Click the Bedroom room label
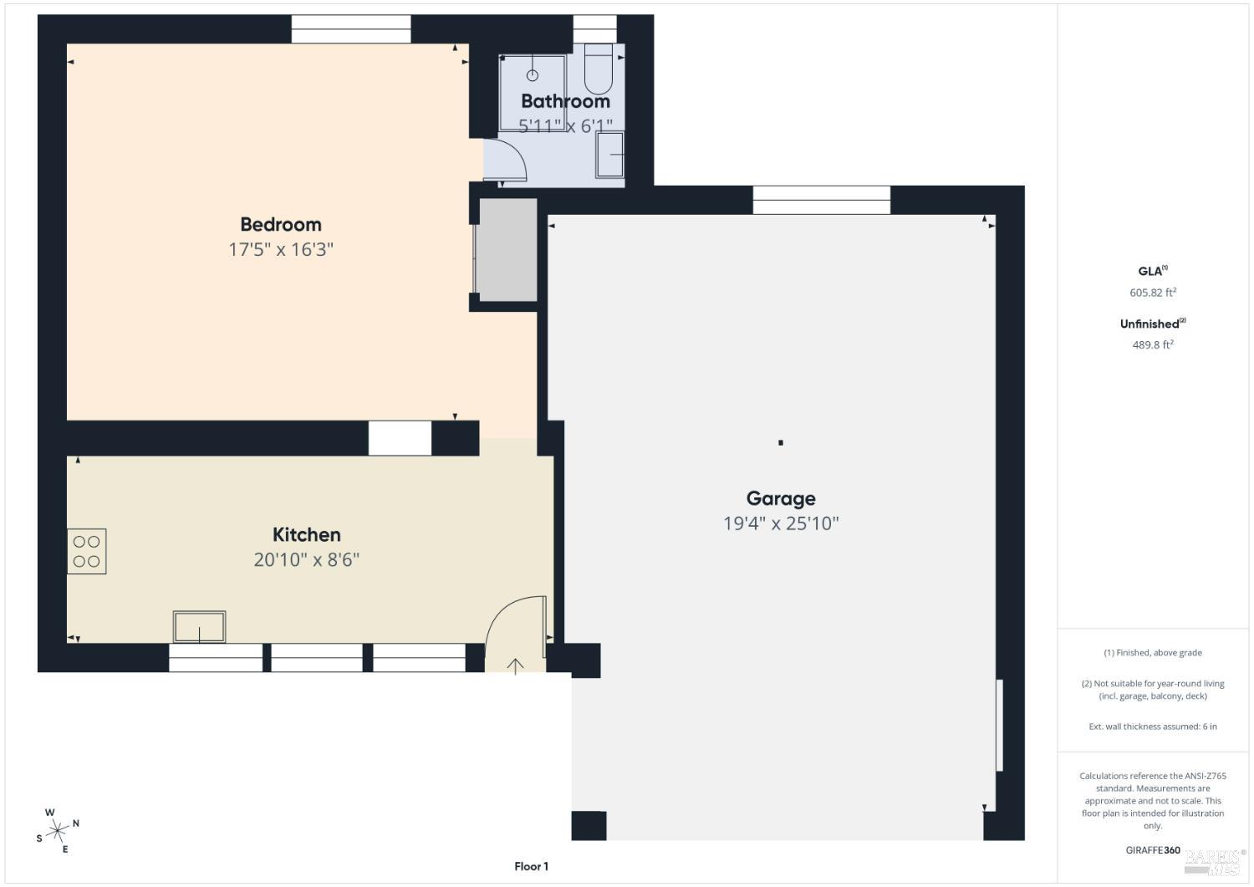point(281,224)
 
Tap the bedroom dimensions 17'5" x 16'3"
point(281,249)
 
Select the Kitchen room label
point(306,534)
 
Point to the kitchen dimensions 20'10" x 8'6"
point(306,559)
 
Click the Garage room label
point(780,498)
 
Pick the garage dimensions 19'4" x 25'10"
point(780,523)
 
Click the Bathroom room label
point(565,101)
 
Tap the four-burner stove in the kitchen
point(87,552)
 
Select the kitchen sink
point(199,627)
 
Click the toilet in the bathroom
point(598,70)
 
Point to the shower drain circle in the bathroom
point(533,75)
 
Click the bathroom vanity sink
point(610,155)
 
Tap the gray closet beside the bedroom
point(507,249)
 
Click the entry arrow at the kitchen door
point(516,665)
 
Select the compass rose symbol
point(58,830)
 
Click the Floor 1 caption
point(531,866)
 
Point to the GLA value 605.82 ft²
point(1153,293)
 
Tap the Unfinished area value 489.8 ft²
point(1153,344)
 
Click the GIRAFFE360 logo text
point(1153,850)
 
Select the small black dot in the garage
point(781,442)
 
